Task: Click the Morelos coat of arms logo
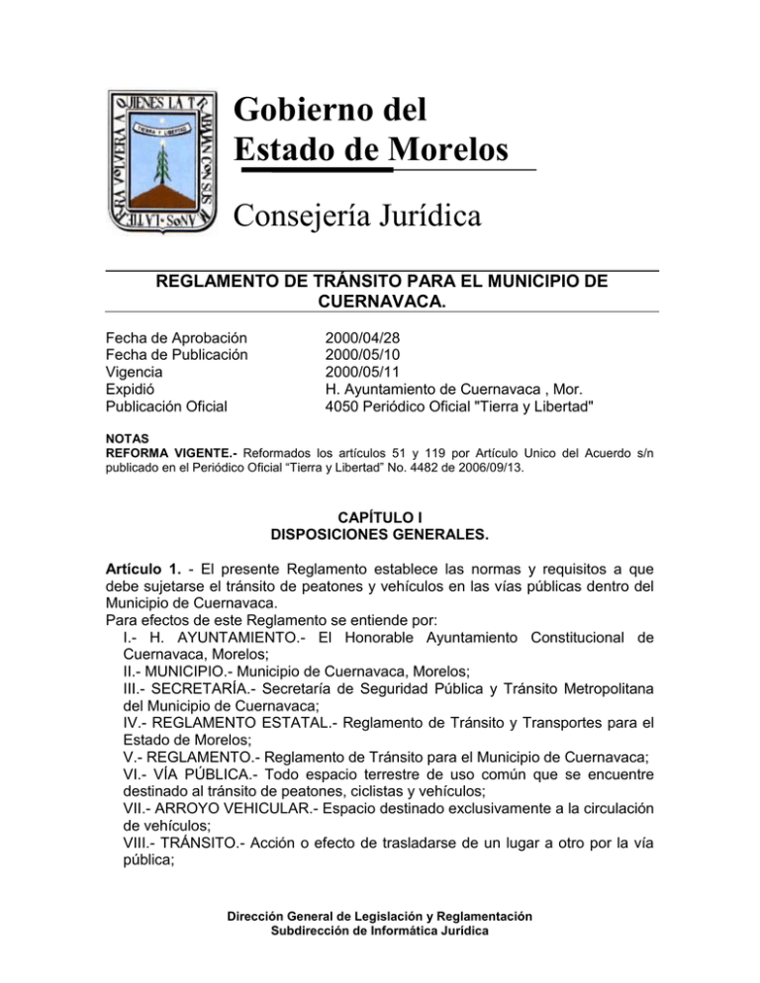tap(161, 158)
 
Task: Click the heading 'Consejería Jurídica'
tap(358, 215)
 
